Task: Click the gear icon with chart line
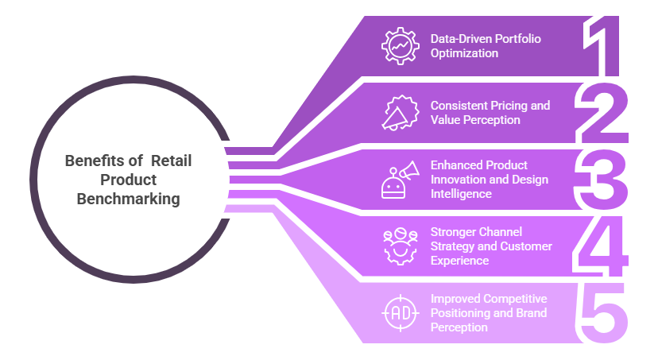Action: coord(398,45)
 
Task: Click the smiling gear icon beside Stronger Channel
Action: coord(398,245)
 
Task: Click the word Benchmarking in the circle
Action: coord(128,199)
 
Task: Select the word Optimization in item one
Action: coord(464,53)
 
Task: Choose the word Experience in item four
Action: coord(461,259)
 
